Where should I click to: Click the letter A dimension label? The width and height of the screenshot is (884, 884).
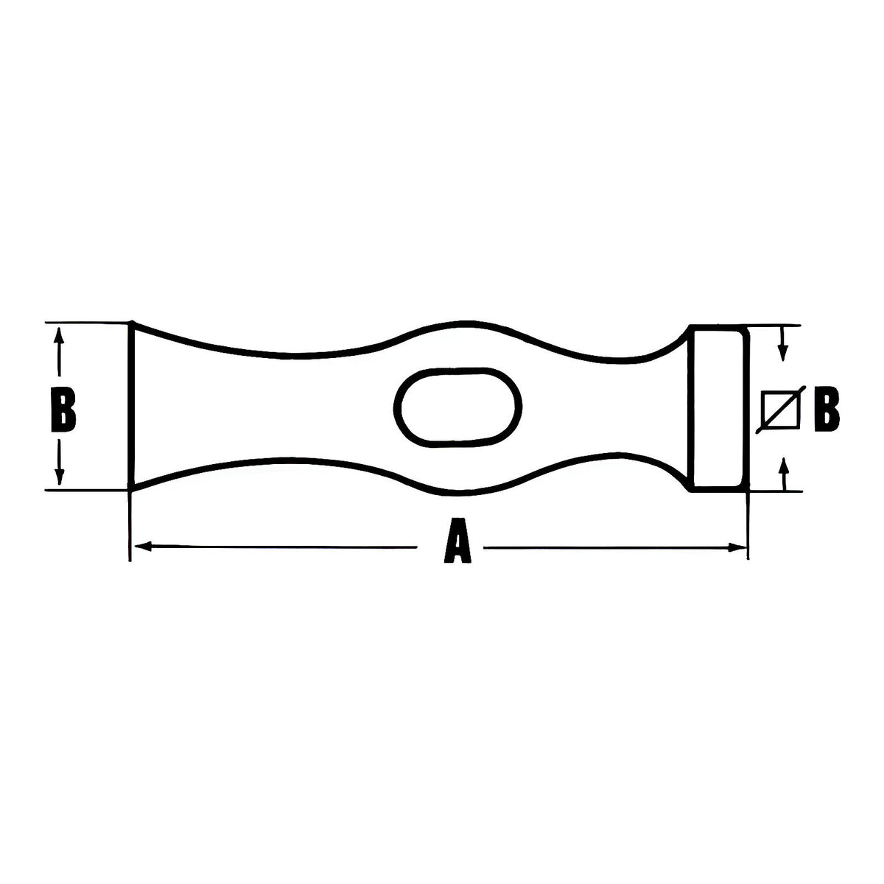[457, 541]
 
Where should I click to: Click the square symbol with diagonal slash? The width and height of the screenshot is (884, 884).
[780, 410]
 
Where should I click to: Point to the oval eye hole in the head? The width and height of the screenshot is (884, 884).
[457, 407]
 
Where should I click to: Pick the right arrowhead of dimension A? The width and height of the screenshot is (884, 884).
[738, 547]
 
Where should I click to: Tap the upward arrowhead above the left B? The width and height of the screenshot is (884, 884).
[58, 335]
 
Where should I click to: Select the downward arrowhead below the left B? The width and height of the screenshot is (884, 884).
[59, 476]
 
